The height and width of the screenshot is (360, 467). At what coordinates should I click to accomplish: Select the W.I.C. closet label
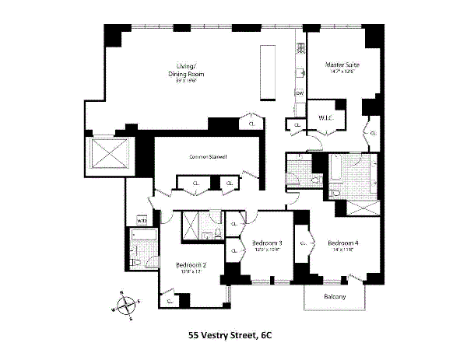325,118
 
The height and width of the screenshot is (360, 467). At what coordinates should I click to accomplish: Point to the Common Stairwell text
209,156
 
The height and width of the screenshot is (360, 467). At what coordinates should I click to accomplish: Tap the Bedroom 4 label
342,242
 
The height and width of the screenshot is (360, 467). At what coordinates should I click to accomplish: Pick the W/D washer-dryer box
142,221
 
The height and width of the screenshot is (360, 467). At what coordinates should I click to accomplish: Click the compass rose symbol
125,306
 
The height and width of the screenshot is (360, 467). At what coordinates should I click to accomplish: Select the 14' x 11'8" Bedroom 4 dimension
342,249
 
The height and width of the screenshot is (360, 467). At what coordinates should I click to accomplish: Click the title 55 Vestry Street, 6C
230,336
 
